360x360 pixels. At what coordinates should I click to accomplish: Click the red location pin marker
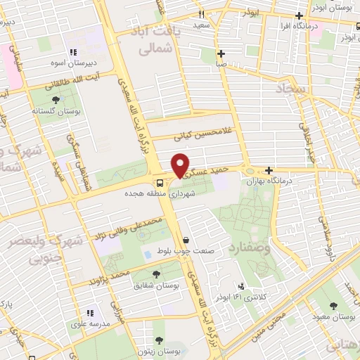(x=181, y=165)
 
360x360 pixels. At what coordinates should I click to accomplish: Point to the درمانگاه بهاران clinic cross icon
(x=269, y=169)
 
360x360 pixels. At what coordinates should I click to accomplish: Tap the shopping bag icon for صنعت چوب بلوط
(x=186, y=239)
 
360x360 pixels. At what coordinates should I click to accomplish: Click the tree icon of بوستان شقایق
(x=156, y=275)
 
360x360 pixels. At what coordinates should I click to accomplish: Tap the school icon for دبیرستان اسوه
(x=72, y=52)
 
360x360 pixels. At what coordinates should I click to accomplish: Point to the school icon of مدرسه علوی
(x=89, y=312)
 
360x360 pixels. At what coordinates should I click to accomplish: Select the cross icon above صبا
(x=221, y=53)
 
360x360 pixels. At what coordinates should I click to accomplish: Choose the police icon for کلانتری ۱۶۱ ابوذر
(x=241, y=286)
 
